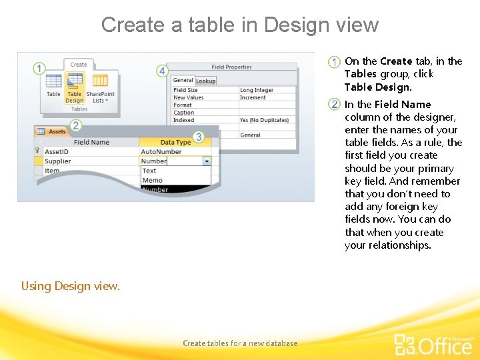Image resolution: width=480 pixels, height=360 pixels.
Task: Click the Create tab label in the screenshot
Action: pos(79,65)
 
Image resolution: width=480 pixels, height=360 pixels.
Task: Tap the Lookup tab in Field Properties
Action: pos(205,81)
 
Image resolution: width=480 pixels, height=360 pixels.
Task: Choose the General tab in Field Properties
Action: pos(183,81)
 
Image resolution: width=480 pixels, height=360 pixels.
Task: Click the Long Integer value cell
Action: pos(257,90)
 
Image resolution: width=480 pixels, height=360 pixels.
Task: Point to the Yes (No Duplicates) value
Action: pos(264,120)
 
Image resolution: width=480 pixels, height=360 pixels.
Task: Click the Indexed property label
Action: pos(184,120)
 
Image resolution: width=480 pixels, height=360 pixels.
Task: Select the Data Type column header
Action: pos(175,142)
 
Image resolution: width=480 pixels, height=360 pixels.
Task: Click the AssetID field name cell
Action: pos(57,151)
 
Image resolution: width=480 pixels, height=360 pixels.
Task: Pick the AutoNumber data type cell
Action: pos(161,151)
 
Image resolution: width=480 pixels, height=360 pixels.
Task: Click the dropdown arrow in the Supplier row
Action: pos(207,161)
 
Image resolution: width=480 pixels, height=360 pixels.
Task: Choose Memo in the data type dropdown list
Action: pos(152,180)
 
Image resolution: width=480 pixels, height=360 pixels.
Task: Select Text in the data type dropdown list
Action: pos(149,171)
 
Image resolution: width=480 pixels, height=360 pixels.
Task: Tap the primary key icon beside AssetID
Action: pos(37,151)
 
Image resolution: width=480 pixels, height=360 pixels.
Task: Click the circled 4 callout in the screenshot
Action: pos(161,71)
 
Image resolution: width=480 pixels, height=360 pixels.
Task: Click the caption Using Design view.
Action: pos(71,286)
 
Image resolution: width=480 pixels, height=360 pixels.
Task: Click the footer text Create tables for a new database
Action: pos(240,343)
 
